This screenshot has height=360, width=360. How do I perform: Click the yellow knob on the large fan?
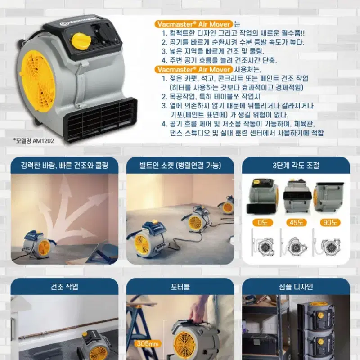pos(80,41)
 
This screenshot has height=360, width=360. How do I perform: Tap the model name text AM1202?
pos(43,141)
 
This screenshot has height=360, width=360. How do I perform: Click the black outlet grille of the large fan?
pos(101,120)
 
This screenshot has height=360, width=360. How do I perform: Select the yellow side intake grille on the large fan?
pos(38,81)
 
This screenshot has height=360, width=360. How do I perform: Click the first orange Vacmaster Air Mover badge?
pos(194,24)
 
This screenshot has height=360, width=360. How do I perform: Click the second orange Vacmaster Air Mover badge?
pos(194,69)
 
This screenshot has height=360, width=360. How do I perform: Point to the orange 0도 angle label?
pos(262,222)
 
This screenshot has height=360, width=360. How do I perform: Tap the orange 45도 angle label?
pos(296,222)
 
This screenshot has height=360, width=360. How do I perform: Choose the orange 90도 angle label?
pos(330,222)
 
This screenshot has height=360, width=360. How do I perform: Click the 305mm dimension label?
pos(148,344)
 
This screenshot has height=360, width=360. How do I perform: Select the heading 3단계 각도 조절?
pos(296,166)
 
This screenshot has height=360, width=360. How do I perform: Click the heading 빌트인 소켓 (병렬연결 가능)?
pos(180,166)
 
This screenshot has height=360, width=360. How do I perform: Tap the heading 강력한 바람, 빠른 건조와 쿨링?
pos(64,166)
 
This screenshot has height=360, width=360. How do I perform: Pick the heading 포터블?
pos(180,287)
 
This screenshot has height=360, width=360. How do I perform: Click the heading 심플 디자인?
pos(296,287)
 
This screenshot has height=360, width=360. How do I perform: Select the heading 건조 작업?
pos(64,287)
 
